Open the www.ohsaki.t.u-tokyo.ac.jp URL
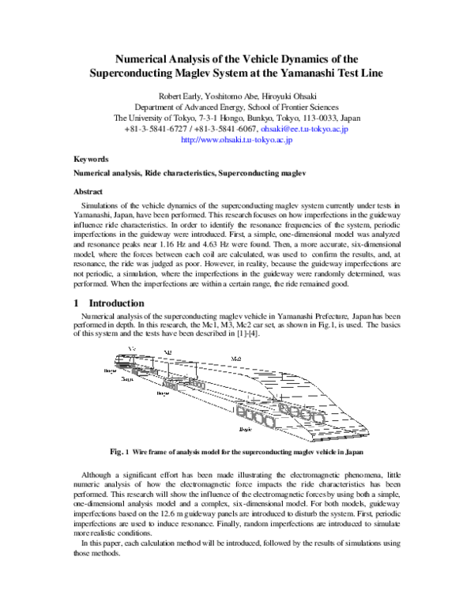(237, 140)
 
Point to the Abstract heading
(88, 191)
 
